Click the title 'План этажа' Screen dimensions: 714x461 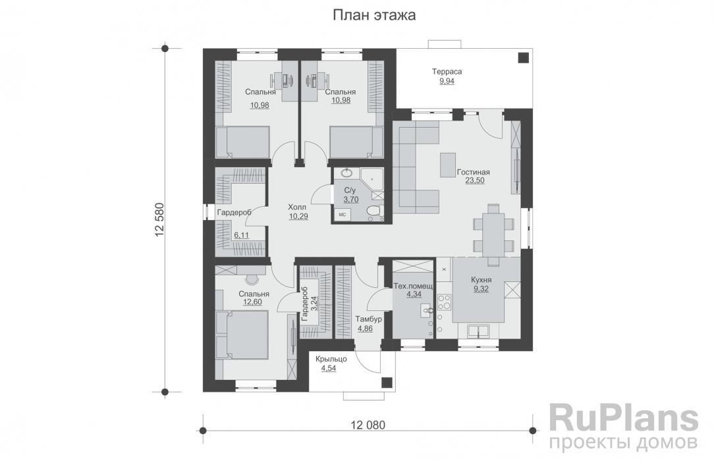pyautogui.click(x=374, y=15)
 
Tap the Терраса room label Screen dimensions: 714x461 pyautogui.click(x=447, y=71)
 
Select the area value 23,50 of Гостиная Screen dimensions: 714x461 pyautogui.click(x=474, y=180)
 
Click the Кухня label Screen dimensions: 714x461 pyautogui.click(x=481, y=281)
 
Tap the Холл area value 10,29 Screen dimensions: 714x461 pyautogui.click(x=298, y=216)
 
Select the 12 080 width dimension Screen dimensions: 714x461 pyautogui.click(x=368, y=425)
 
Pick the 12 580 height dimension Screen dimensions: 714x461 pyautogui.click(x=159, y=220)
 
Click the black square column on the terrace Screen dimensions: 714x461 pyautogui.click(x=523, y=58)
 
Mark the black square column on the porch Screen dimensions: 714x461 pyautogui.click(x=387, y=382)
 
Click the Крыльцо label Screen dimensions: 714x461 pyautogui.click(x=331, y=359)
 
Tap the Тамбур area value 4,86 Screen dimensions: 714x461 pyautogui.click(x=365, y=328)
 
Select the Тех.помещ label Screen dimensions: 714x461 pyautogui.click(x=413, y=286)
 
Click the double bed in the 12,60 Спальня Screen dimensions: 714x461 pyautogui.click(x=242, y=335)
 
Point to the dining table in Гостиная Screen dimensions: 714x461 pyautogui.click(x=493, y=235)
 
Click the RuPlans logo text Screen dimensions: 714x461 pyautogui.click(x=623, y=418)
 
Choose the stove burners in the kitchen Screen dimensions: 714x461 pyautogui.click(x=444, y=303)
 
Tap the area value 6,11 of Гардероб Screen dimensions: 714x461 pyautogui.click(x=241, y=235)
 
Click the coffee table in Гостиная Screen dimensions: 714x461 pyautogui.click(x=448, y=165)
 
